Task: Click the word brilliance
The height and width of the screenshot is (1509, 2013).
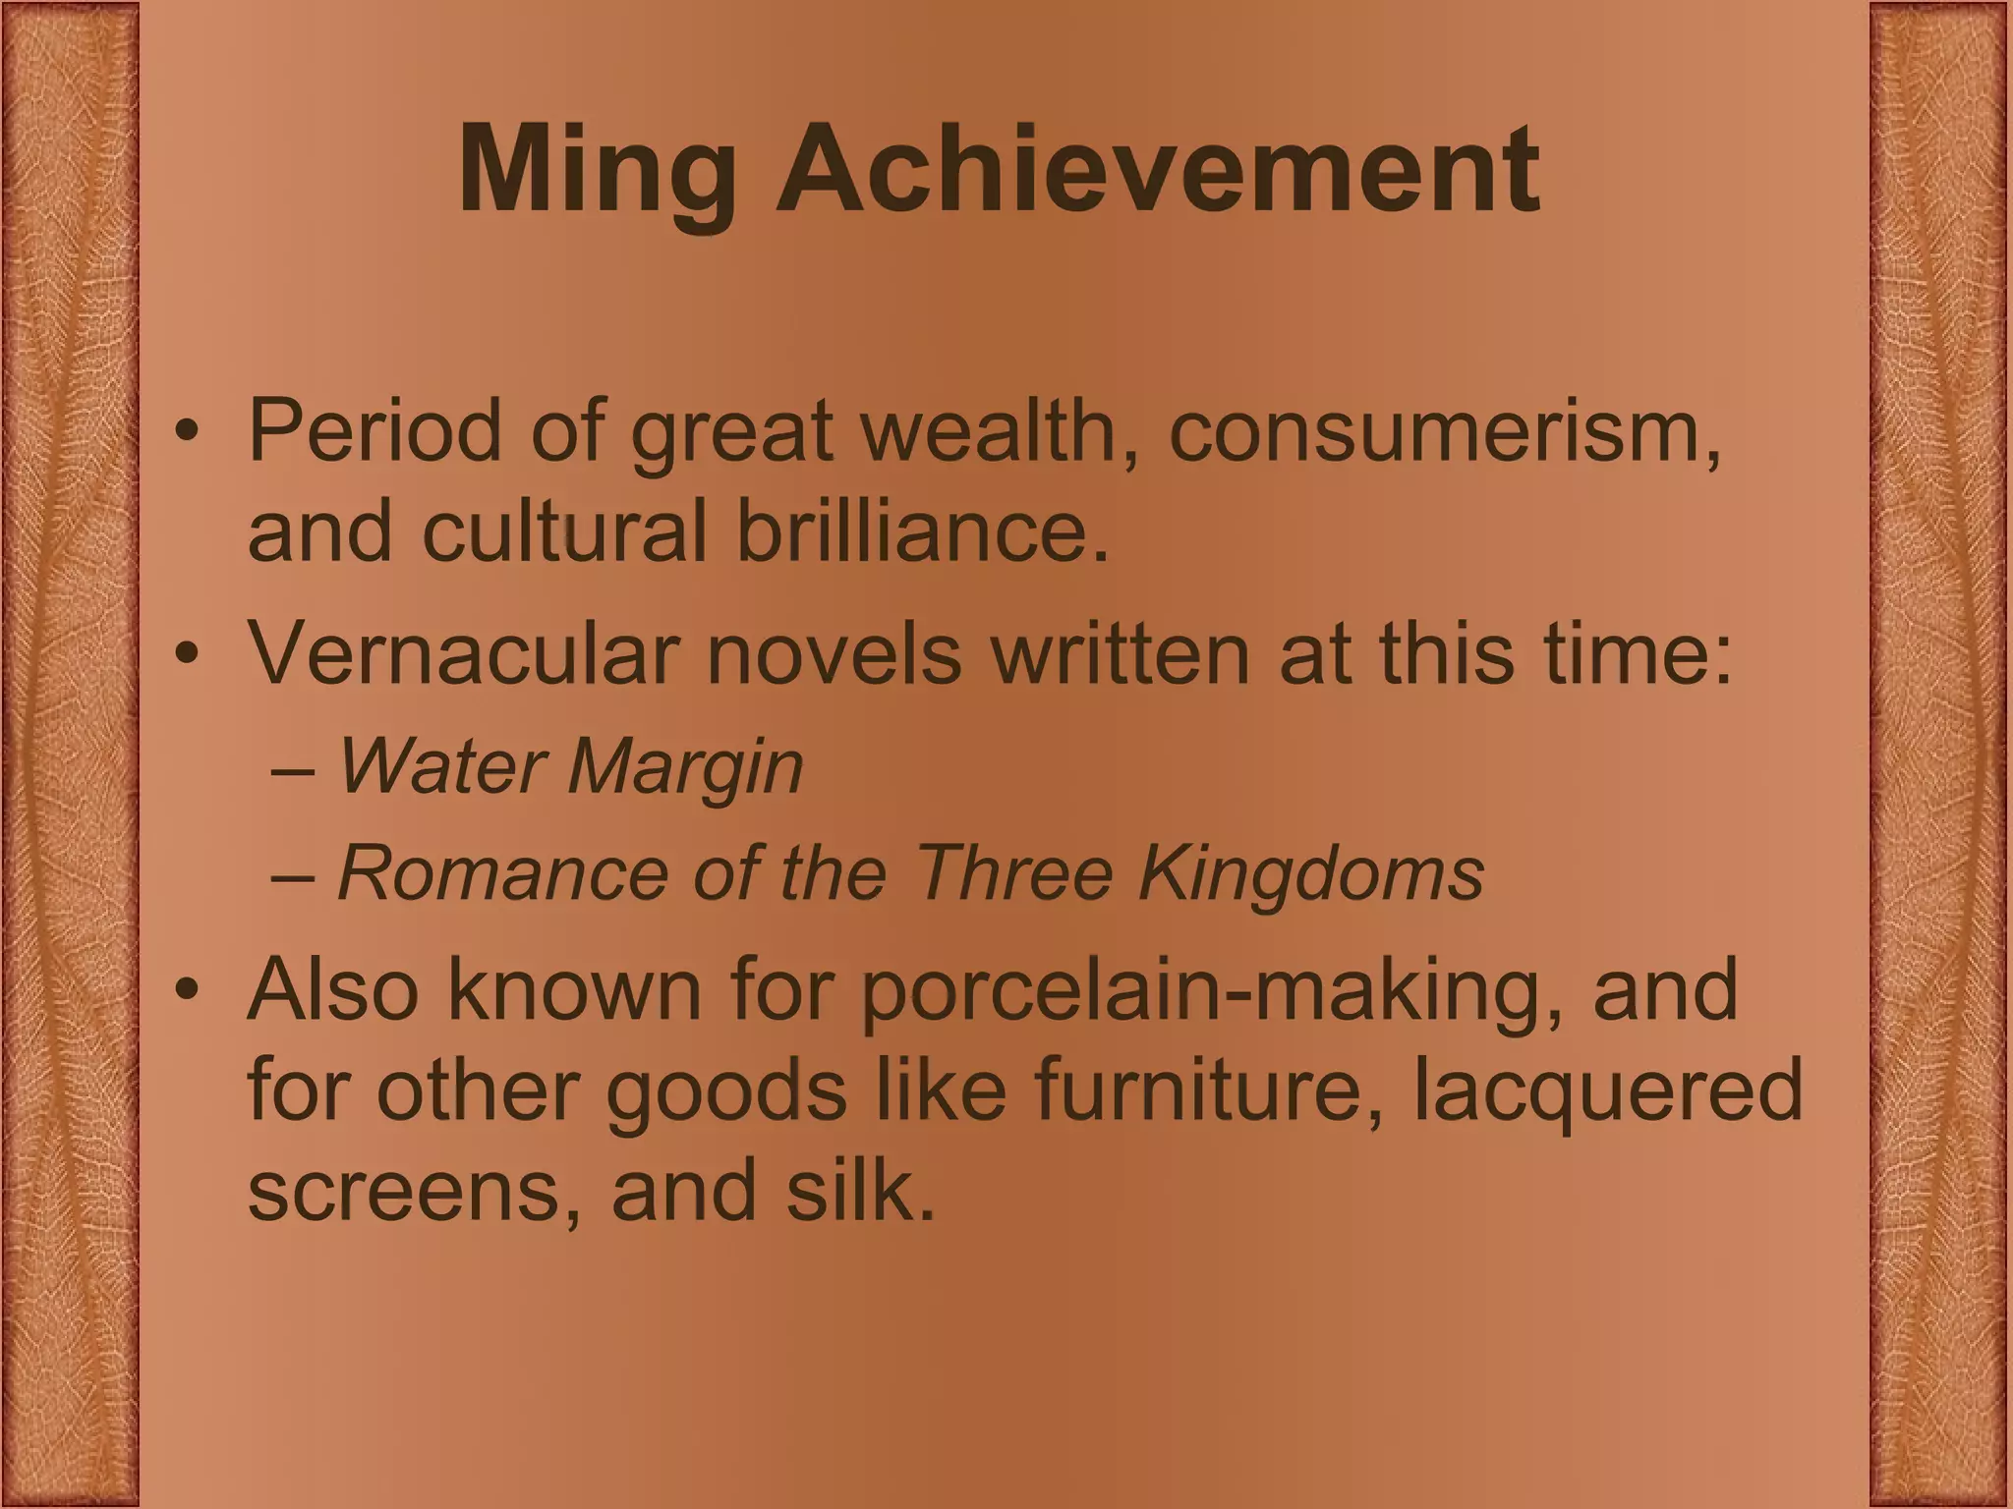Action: click(923, 531)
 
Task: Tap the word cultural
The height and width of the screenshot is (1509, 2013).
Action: click(565, 531)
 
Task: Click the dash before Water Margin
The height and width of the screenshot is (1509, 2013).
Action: click(292, 769)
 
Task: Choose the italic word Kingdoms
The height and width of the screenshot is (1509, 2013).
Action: click(1311, 872)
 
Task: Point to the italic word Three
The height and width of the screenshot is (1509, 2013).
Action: click(1012, 872)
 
